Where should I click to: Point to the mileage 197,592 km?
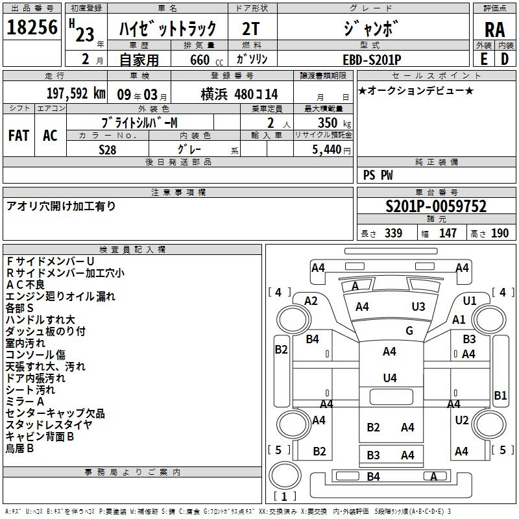point(76,93)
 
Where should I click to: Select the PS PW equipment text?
point(378,175)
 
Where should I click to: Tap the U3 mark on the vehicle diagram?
point(418,306)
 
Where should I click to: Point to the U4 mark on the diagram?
point(389,378)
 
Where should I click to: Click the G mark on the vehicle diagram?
point(409,331)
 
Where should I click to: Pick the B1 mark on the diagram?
point(500,395)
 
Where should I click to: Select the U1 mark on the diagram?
point(470,300)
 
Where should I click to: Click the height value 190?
point(500,234)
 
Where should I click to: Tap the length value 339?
point(393,234)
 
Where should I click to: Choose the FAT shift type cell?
point(18,136)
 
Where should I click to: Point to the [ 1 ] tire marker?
point(281,496)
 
